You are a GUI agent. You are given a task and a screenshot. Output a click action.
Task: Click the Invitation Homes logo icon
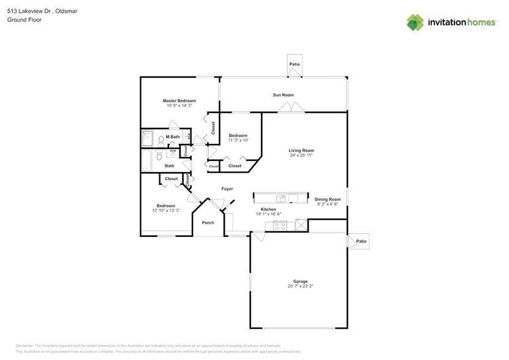click(415, 22)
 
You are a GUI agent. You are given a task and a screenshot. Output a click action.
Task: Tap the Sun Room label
click(283, 95)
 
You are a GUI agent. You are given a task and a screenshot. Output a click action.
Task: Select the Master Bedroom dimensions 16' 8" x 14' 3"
click(179, 105)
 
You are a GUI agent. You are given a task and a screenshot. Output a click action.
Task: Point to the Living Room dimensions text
click(301, 156)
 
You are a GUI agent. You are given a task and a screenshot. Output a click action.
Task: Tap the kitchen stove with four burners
click(280, 225)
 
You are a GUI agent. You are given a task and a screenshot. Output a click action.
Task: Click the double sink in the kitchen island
click(281, 198)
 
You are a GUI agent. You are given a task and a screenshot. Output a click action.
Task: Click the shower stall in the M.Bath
click(148, 138)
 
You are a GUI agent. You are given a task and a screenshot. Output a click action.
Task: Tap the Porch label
click(208, 222)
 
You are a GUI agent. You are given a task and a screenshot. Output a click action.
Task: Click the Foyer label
click(227, 189)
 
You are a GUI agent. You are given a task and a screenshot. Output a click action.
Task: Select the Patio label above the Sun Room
click(295, 64)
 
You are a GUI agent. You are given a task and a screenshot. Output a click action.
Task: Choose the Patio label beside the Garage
click(361, 242)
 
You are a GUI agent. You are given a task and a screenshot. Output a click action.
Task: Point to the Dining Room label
click(328, 199)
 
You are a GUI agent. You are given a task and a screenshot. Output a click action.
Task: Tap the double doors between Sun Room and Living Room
click(291, 108)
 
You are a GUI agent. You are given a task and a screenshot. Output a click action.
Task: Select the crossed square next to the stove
click(301, 225)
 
